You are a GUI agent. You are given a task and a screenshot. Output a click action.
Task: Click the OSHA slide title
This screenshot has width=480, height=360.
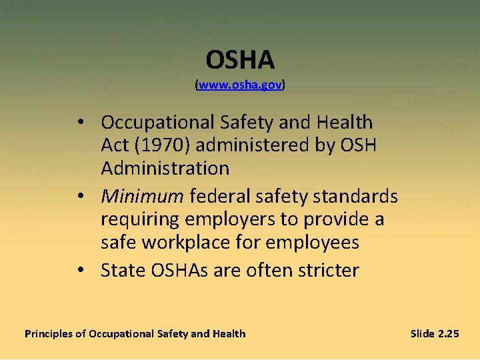tap(240, 61)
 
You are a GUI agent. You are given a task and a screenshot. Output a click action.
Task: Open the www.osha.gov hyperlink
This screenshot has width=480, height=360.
tap(240, 86)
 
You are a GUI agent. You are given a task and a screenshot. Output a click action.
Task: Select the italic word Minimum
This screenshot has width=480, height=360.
tap(142, 197)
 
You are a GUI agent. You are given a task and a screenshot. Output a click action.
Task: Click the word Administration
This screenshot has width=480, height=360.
tap(165, 169)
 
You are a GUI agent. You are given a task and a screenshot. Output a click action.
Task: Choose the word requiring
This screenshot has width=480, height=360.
tap(140, 220)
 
